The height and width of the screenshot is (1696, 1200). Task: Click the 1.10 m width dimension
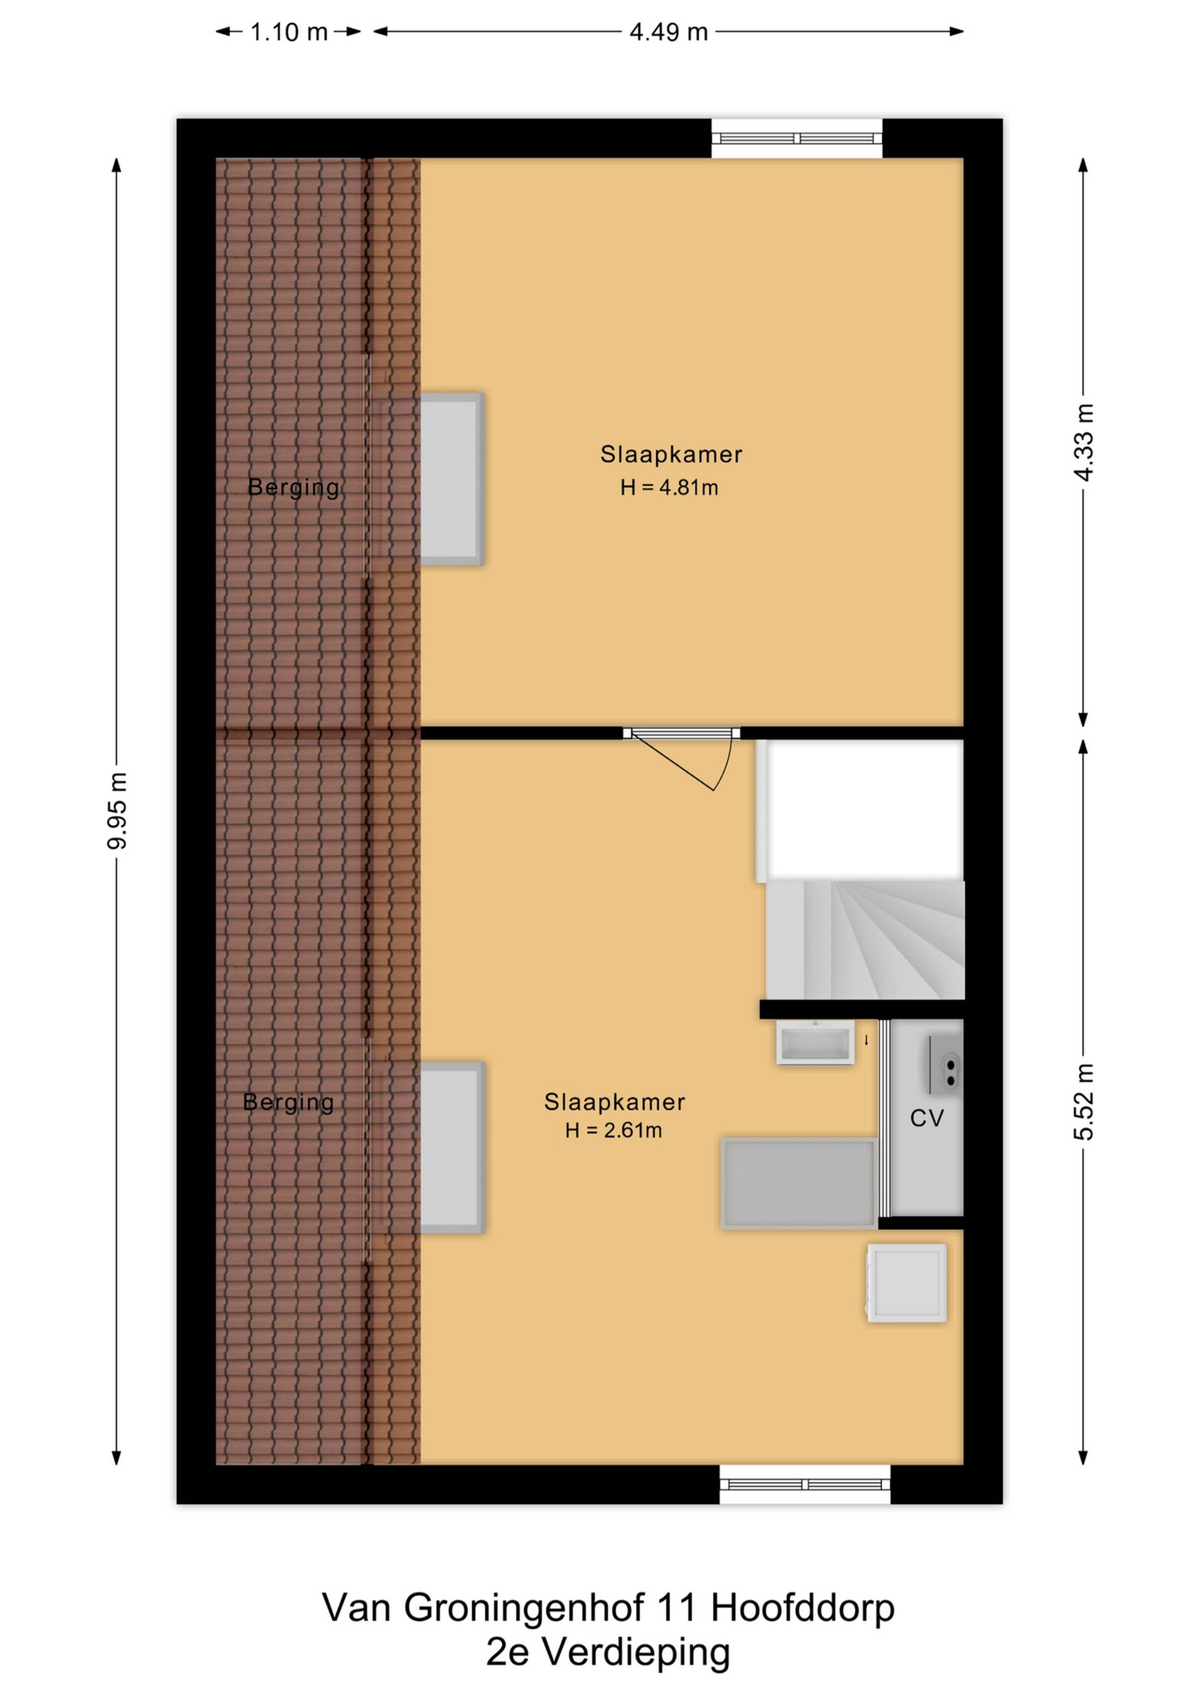click(x=289, y=32)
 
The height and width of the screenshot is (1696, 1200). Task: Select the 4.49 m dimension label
click(x=669, y=32)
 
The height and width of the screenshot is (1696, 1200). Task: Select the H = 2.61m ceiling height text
click(x=613, y=1130)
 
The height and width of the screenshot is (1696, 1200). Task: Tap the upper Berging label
click(x=293, y=488)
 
